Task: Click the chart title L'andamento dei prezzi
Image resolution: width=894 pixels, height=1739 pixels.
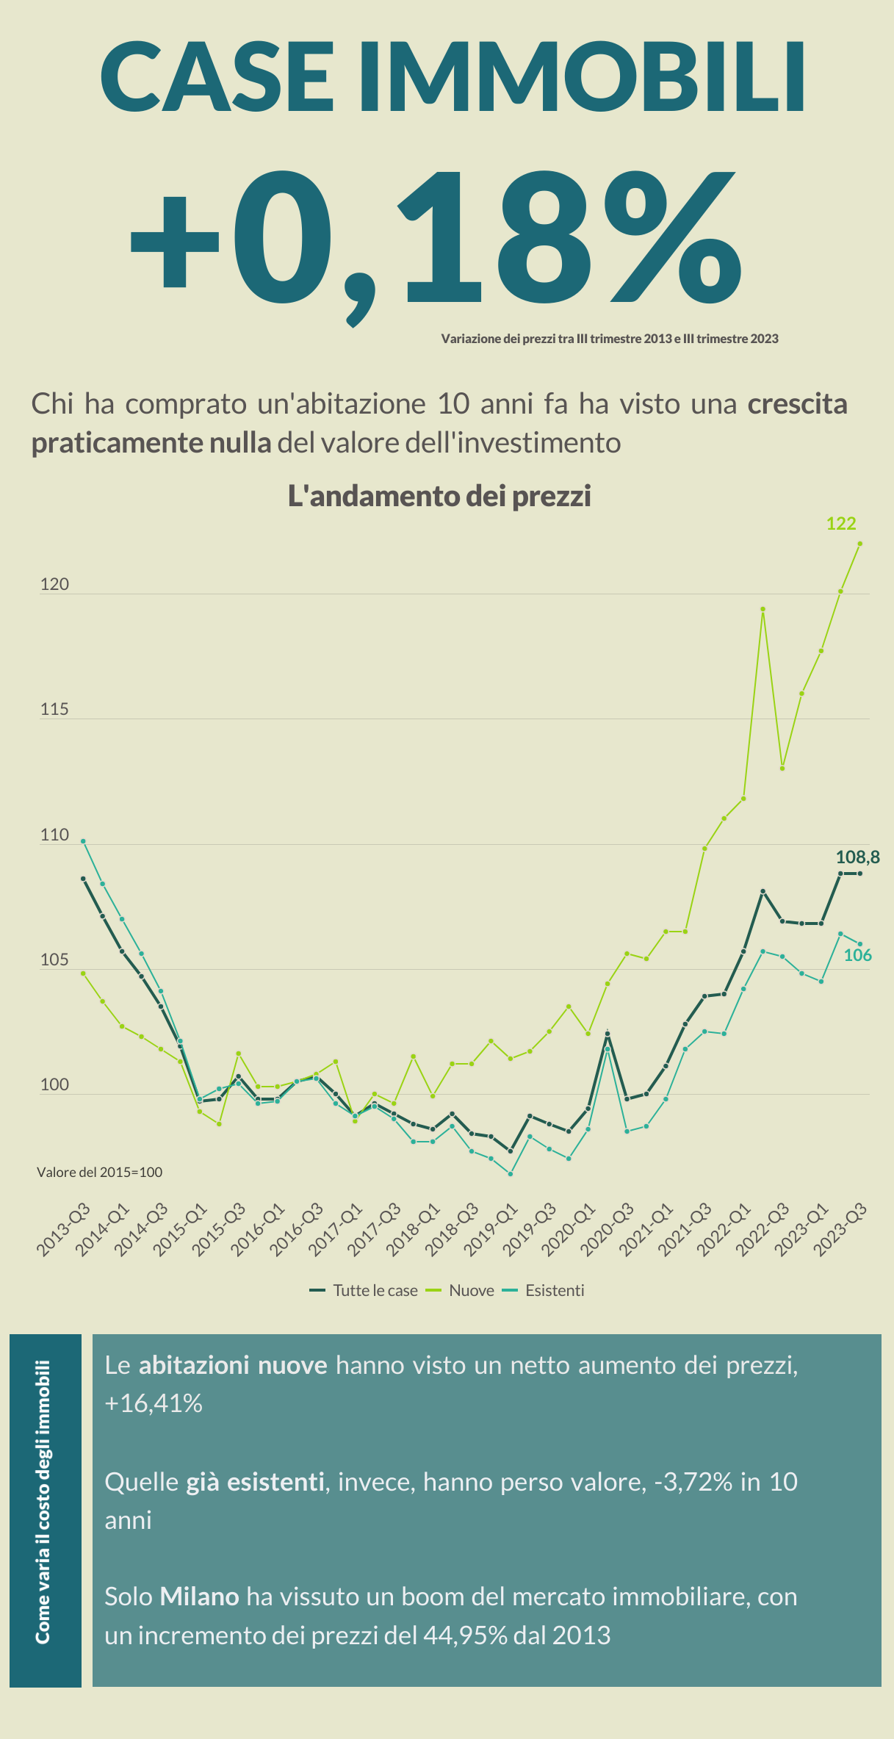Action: pos(439,497)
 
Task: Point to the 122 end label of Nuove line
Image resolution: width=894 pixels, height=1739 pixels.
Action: pos(840,524)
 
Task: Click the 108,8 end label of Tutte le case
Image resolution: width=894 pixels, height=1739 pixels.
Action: pos(857,857)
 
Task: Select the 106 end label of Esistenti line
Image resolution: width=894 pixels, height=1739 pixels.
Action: pos(857,955)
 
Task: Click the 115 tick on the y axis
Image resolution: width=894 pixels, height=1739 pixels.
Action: pos(54,710)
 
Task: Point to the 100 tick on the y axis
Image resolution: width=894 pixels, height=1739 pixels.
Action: pos(54,1085)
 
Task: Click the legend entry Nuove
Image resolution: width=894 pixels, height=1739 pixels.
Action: pos(471,1291)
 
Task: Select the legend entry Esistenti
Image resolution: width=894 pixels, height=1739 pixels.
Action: pos(554,1291)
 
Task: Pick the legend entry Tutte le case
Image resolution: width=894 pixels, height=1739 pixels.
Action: pos(375,1291)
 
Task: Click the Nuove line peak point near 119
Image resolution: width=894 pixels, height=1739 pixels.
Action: pos(763,609)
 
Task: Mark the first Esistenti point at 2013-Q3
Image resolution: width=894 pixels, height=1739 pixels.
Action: pos(83,841)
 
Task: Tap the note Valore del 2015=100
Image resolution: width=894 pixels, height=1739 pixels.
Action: pos(99,1173)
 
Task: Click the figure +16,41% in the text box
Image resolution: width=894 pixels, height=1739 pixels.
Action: pos(154,1404)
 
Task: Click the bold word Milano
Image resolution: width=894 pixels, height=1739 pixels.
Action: pos(200,1596)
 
